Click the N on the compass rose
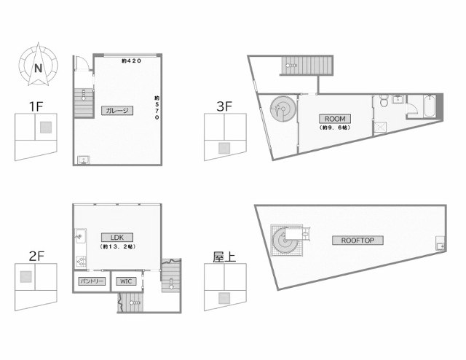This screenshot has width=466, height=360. click(38, 69)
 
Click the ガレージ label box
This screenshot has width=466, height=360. click(117, 110)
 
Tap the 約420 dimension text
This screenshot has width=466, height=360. click(131, 61)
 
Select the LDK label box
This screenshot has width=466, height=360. click(117, 238)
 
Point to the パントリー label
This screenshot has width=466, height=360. click(92, 281)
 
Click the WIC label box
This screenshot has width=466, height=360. click(126, 281)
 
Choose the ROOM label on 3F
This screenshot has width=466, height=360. click(335, 119)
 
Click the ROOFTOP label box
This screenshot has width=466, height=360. click(358, 240)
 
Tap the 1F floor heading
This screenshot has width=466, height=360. click(36, 106)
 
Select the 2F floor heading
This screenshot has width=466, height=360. click(36, 257)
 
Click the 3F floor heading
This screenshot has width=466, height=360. click(224, 106)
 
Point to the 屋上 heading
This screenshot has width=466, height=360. click(224, 257)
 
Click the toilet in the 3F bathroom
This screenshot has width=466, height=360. click(384, 101)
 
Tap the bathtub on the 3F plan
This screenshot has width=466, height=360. click(430, 106)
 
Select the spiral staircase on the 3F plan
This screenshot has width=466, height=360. click(283, 109)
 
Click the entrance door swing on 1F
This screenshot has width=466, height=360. click(82, 63)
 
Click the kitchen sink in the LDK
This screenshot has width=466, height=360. click(80, 237)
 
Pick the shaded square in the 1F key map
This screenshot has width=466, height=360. click(46, 128)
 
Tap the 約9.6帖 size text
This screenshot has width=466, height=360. click(335, 128)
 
